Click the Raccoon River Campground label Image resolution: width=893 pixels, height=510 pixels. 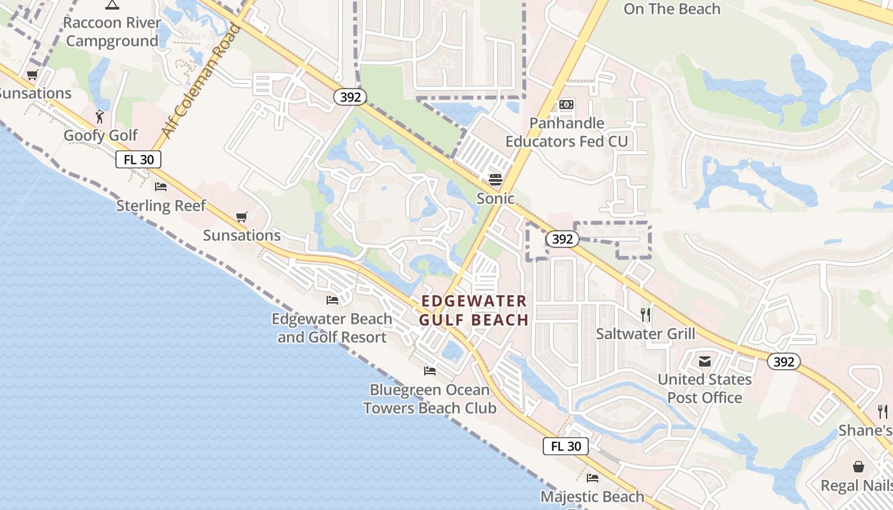click(x=112, y=32)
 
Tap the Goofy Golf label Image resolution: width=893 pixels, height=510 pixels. click(x=101, y=135)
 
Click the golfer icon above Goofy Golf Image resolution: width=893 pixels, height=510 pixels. click(x=100, y=117)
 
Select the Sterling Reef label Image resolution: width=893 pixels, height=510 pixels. click(x=161, y=206)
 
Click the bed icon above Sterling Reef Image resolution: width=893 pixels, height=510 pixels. click(x=161, y=187)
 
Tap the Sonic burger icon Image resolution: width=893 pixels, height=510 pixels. click(x=496, y=179)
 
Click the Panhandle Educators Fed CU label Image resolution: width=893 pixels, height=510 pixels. click(x=566, y=132)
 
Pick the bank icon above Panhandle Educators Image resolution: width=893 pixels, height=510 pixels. click(x=566, y=105)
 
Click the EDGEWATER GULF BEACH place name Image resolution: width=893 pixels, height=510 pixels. click(x=475, y=310)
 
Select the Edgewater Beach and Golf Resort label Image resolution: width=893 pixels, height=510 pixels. click(x=332, y=328)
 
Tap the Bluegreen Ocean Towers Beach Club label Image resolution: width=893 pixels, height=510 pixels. click(x=430, y=398)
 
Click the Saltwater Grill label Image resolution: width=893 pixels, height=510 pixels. click(x=646, y=333)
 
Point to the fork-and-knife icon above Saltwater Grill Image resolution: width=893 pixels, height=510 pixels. click(x=646, y=314)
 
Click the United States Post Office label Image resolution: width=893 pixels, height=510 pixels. click(x=705, y=388)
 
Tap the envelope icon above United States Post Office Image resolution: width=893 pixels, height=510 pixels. click(x=705, y=361)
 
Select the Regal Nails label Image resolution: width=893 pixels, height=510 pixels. click(x=856, y=485)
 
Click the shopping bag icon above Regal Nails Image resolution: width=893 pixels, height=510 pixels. click(x=859, y=467)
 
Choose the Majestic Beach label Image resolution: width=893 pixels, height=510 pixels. click(x=593, y=496)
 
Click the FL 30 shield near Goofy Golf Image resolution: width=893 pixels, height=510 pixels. click(x=138, y=159)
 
